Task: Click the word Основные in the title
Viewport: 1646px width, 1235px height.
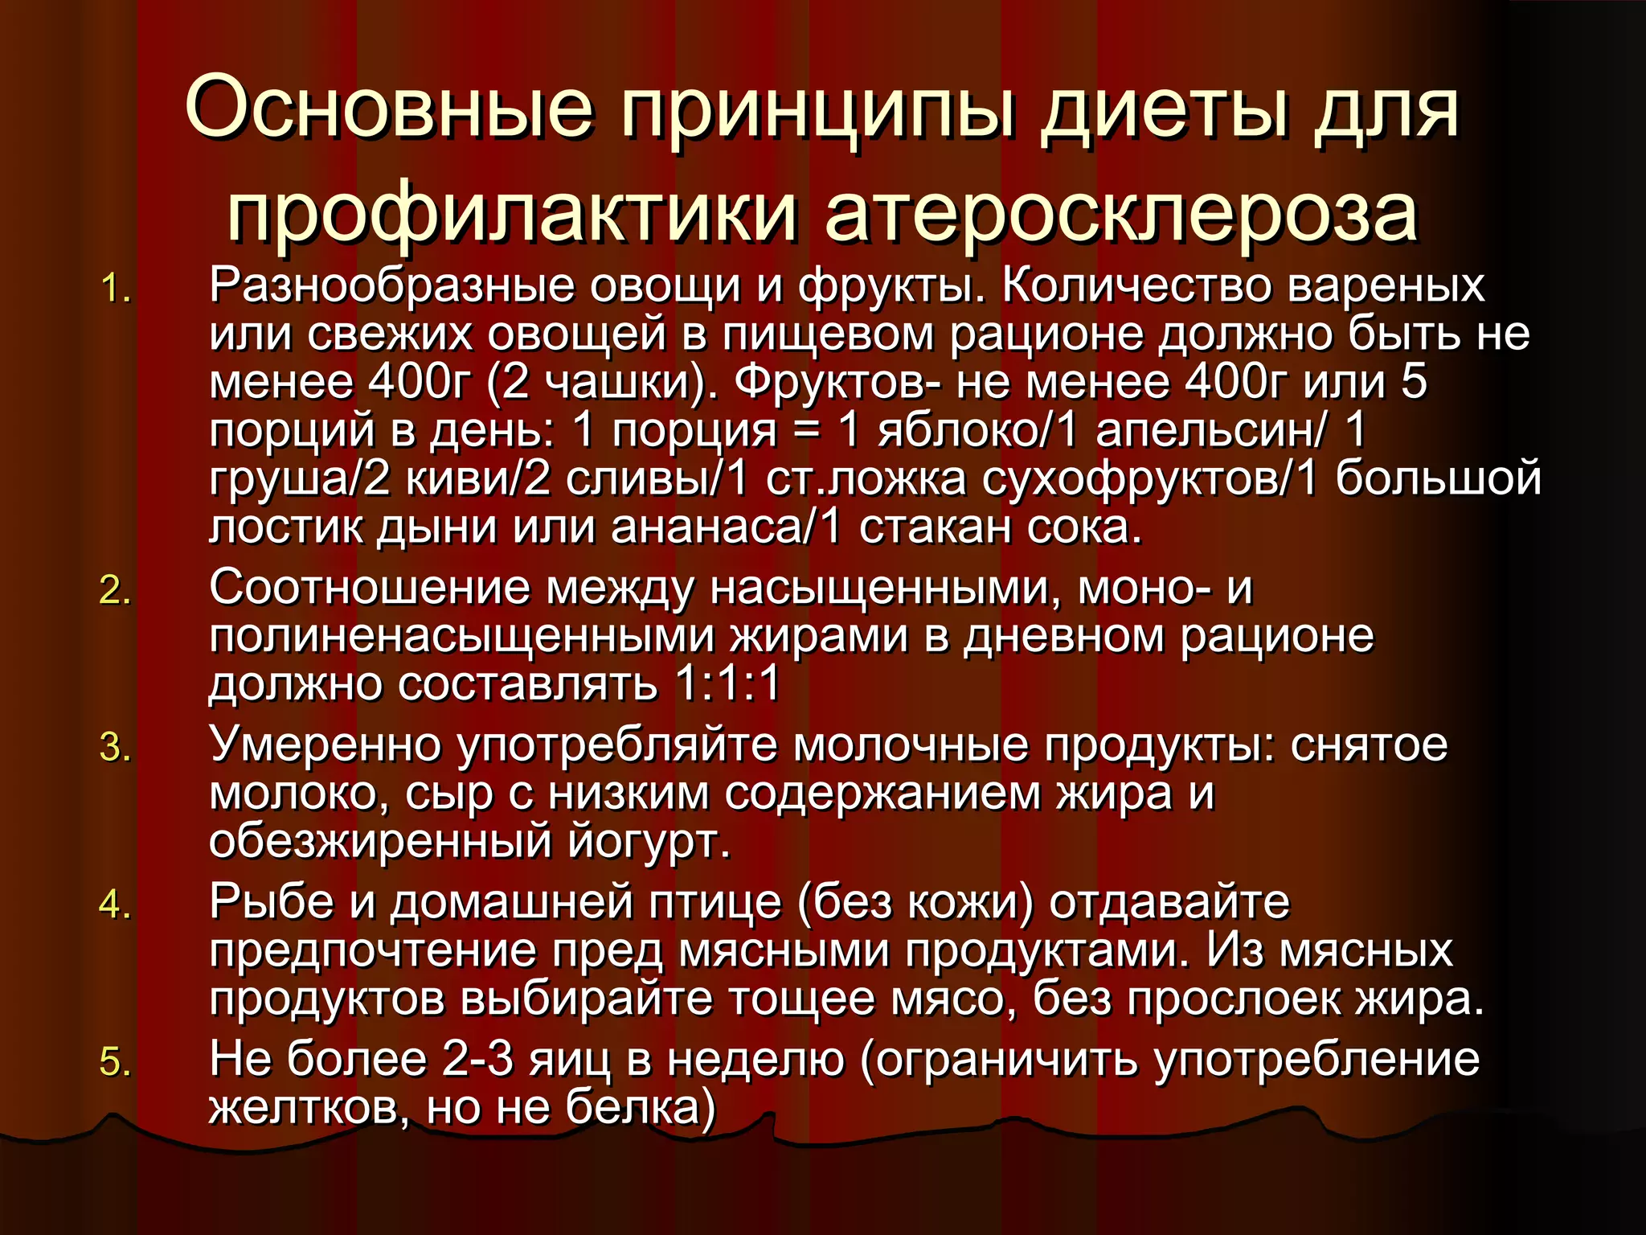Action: click(390, 109)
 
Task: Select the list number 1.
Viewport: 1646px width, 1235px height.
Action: click(115, 289)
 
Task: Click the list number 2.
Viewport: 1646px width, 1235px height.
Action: click(115, 591)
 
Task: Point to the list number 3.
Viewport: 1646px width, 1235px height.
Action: click(115, 748)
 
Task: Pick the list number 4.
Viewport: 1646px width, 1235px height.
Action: click(115, 905)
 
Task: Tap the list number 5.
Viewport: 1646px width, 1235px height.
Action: click(115, 1062)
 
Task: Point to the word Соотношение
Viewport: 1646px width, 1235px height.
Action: click(370, 588)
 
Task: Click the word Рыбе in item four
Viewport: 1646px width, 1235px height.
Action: click(271, 901)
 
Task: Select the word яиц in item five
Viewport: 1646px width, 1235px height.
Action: click(569, 1059)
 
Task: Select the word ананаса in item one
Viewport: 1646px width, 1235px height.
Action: click(707, 528)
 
